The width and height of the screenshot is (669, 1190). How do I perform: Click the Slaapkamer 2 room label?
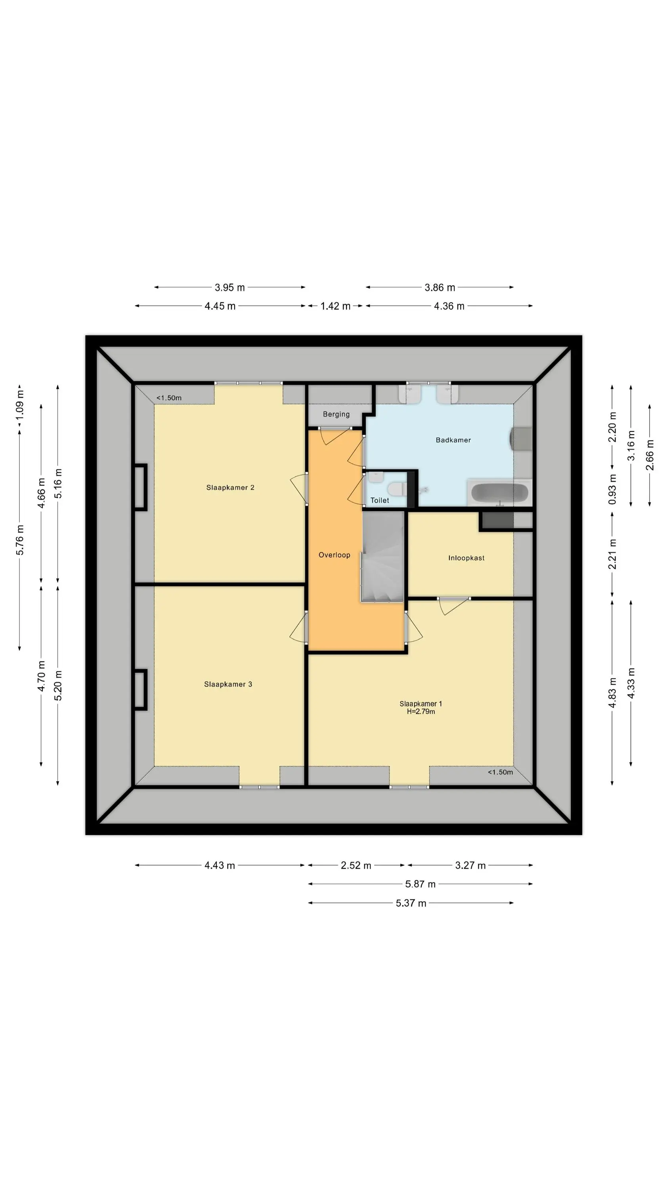pyautogui.click(x=230, y=488)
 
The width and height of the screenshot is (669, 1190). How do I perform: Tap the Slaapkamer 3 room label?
pyautogui.click(x=228, y=684)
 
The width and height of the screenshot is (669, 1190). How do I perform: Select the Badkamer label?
pyautogui.click(x=453, y=440)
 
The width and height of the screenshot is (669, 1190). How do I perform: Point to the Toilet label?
pyautogui.click(x=380, y=500)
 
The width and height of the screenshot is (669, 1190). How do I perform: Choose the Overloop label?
pyautogui.click(x=334, y=555)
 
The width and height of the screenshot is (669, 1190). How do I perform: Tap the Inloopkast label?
pyautogui.click(x=466, y=558)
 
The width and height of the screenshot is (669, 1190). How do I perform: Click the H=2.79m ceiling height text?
pyautogui.click(x=421, y=711)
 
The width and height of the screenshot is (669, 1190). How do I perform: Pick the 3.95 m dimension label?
pyautogui.click(x=229, y=287)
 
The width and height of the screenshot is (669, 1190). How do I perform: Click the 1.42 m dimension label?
pyautogui.click(x=335, y=306)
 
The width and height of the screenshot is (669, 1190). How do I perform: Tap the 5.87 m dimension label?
pyautogui.click(x=420, y=884)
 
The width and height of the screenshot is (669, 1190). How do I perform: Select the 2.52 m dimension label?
pyautogui.click(x=356, y=865)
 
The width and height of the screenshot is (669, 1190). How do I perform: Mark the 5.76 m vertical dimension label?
pyautogui.click(x=20, y=540)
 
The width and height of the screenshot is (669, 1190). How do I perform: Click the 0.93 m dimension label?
pyautogui.click(x=612, y=489)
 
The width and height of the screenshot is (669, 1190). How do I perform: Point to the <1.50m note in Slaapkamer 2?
pyautogui.click(x=168, y=398)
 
